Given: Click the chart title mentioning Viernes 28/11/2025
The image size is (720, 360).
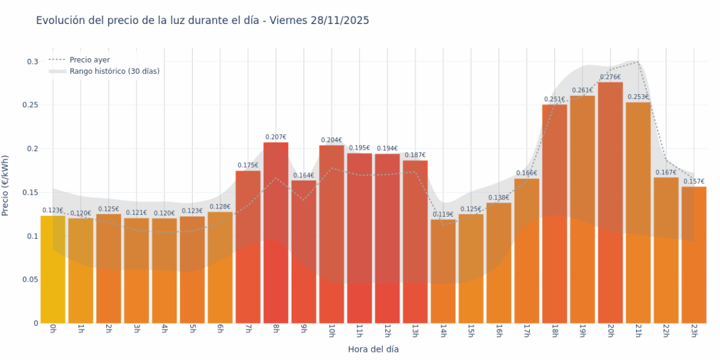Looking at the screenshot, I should click(x=202, y=21).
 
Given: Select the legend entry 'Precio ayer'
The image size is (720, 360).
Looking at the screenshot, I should click(x=89, y=60).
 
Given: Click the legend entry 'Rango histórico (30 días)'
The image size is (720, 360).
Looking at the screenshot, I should click(x=114, y=71).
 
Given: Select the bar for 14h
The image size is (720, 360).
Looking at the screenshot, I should click(x=443, y=271).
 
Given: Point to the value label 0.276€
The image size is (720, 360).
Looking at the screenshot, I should click(x=610, y=77).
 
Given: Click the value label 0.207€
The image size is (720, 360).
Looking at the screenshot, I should click(x=275, y=137).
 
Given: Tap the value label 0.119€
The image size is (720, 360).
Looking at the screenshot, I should click(x=443, y=214).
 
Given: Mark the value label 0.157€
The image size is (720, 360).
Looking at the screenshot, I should click(x=693, y=181).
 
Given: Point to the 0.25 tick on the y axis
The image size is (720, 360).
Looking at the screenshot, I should click(x=29, y=105).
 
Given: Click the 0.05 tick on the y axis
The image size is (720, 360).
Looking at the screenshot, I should click(x=29, y=280).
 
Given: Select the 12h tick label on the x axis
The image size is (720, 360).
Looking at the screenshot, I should click(x=387, y=332).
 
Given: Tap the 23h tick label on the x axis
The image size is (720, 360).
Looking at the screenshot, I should click(x=693, y=332).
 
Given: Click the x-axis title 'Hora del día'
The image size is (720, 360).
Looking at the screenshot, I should click(x=373, y=349).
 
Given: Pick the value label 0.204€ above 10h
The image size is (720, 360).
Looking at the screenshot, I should click(x=331, y=140).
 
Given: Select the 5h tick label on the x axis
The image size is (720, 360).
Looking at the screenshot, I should click(x=192, y=330).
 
